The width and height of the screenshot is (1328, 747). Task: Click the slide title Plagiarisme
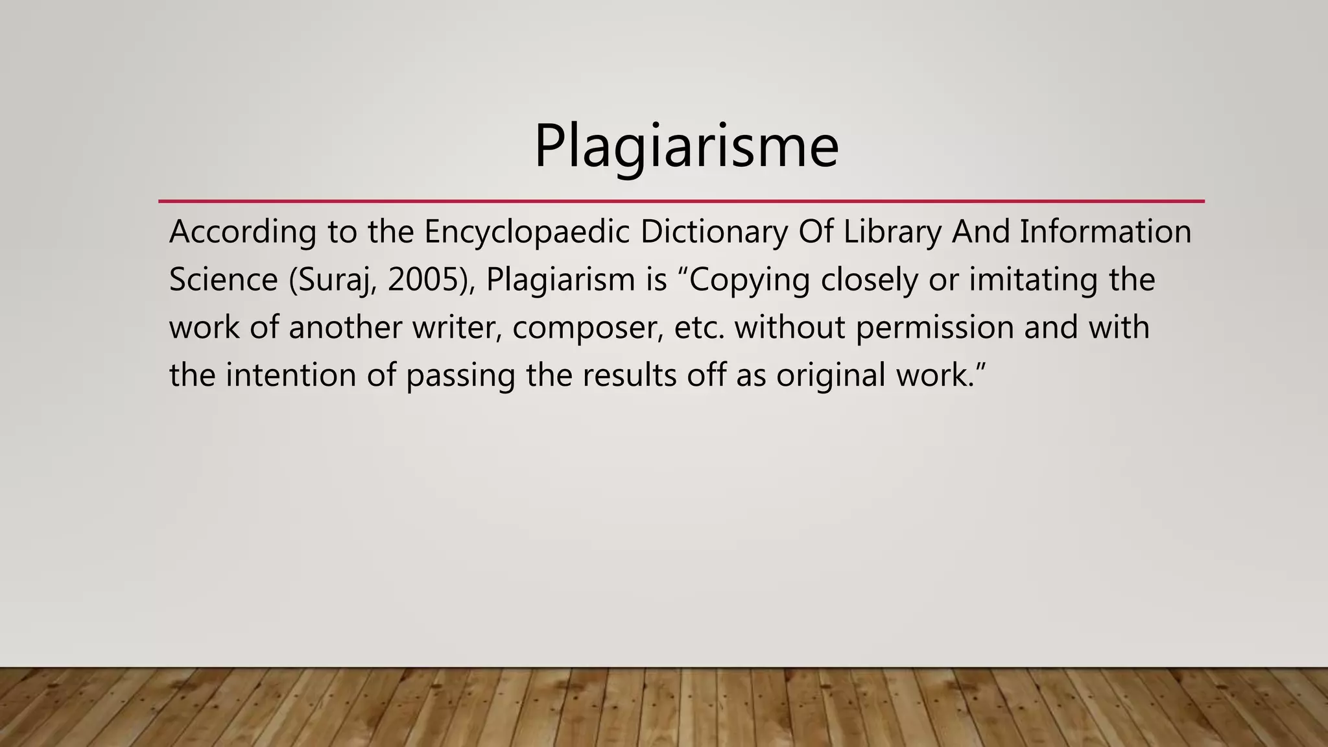[686, 147]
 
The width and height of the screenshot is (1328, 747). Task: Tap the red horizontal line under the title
[681, 202]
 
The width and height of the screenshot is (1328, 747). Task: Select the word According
[243, 231]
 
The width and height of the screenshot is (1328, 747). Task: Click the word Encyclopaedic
[527, 231]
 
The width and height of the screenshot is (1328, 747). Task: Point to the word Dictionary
[714, 231]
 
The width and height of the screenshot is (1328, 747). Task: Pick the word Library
[892, 231]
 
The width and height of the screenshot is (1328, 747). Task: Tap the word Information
[1106, 231]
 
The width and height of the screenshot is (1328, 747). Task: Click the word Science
[223, 279]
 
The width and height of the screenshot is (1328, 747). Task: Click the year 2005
[425, 279]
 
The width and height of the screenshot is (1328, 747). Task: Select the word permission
[934, 327]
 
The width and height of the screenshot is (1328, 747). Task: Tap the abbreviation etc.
[699, 327]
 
